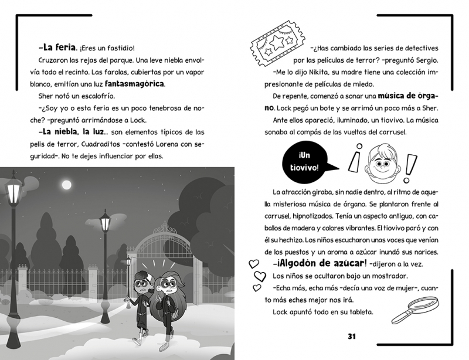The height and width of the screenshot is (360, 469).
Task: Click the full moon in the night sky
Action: point(69,186)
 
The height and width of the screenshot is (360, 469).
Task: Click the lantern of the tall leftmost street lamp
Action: point(13,190)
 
